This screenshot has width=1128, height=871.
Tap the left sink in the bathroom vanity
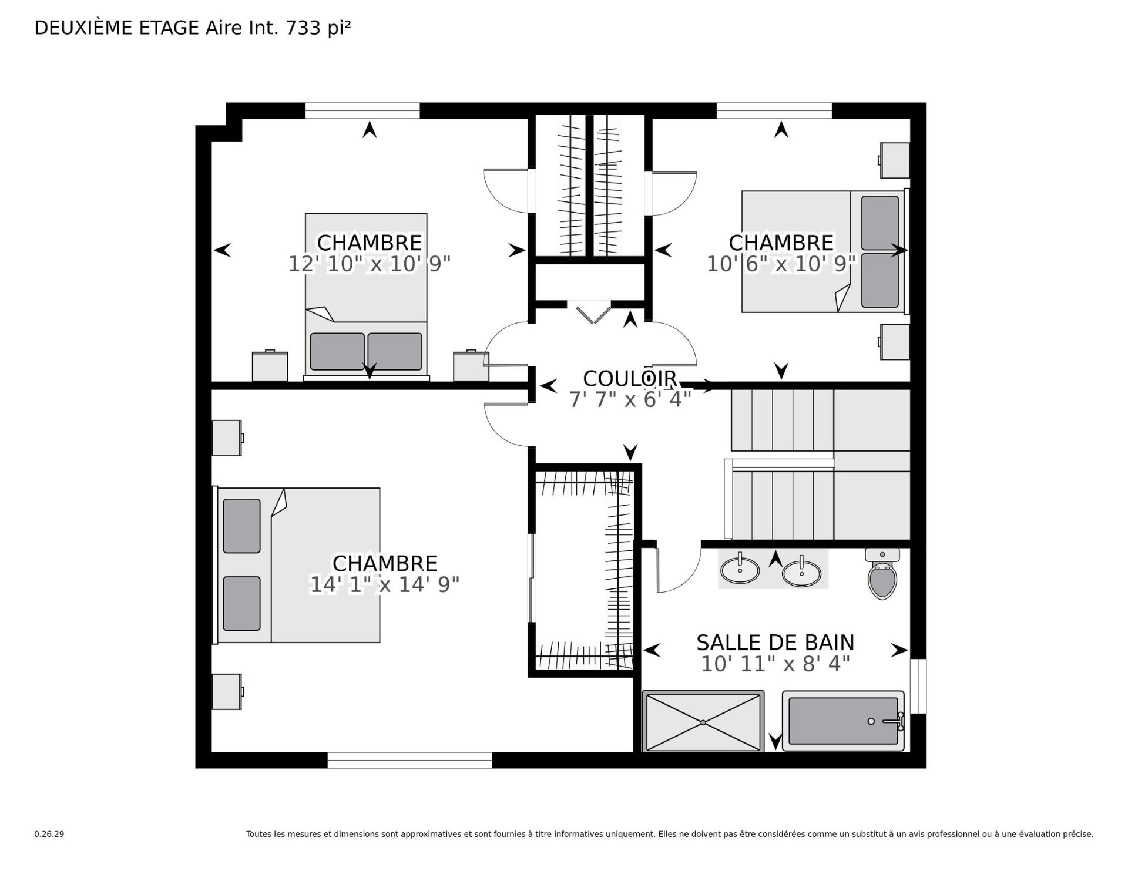740,569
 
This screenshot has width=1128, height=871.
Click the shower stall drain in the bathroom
703,722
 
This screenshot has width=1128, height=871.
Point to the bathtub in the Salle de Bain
843,721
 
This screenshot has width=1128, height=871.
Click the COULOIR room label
630,378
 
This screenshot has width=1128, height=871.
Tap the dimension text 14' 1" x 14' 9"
385,584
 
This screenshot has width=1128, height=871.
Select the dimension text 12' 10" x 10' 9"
370,264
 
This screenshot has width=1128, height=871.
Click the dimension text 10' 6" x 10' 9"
781,264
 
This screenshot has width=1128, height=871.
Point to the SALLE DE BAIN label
775,643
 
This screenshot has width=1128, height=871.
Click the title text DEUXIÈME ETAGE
117,28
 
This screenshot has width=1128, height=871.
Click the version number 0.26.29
49,834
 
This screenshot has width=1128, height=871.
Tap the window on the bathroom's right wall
918,686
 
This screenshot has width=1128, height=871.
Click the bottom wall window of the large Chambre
409,761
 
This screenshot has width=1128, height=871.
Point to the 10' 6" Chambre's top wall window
774,110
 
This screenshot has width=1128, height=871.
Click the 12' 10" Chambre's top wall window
362,110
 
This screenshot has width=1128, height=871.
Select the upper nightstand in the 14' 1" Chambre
228,438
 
